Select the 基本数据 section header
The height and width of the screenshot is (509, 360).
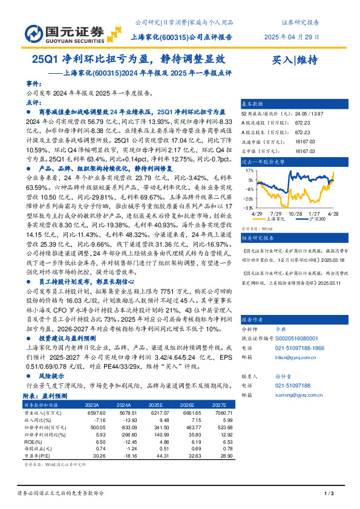[253, 103]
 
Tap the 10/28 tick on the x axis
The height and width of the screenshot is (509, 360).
[296, 213]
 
